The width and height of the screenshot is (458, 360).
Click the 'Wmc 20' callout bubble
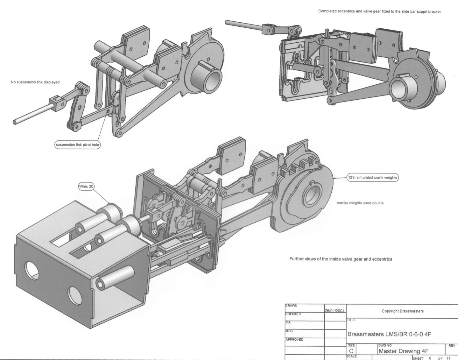pos(86,186)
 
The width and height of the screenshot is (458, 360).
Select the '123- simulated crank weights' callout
pos(372,178)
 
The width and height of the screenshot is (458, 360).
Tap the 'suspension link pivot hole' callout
pos(78,145)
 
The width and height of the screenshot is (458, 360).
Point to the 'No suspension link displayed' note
pos(35,82)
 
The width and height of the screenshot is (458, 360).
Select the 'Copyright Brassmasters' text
pos(403,311)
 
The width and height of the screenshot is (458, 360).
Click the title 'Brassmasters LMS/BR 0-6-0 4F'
pos(389,334)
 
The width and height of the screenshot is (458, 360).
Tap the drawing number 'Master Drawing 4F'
pos(403,351)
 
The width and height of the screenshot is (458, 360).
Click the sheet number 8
pos(430,358)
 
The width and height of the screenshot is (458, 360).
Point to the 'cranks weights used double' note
pos(360,203)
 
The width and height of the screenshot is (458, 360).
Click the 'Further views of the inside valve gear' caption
pos(341,259)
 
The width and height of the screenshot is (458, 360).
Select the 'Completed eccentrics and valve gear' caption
pos(379,11)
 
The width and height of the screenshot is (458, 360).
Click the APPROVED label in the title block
pos(294,340)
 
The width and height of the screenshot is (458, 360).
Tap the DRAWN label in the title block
pos(291,306)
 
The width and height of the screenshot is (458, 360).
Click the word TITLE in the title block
pos(351,320)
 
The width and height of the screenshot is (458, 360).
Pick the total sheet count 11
pos(448,358)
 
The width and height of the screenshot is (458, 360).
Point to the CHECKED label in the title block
pos(293,314)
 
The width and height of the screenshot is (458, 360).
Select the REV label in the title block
pos(452,345)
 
